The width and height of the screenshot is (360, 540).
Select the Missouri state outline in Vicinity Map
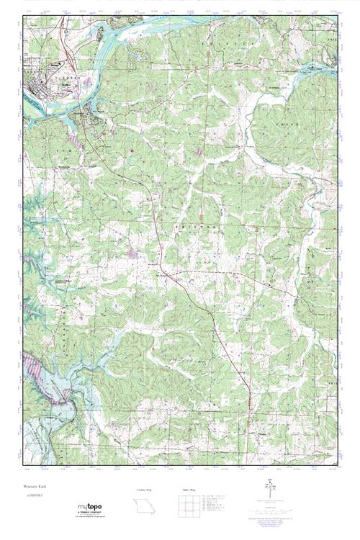pyautogui.click(x=140, y=505)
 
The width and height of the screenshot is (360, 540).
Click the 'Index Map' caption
pyautogui.click(x=184, y=490)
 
